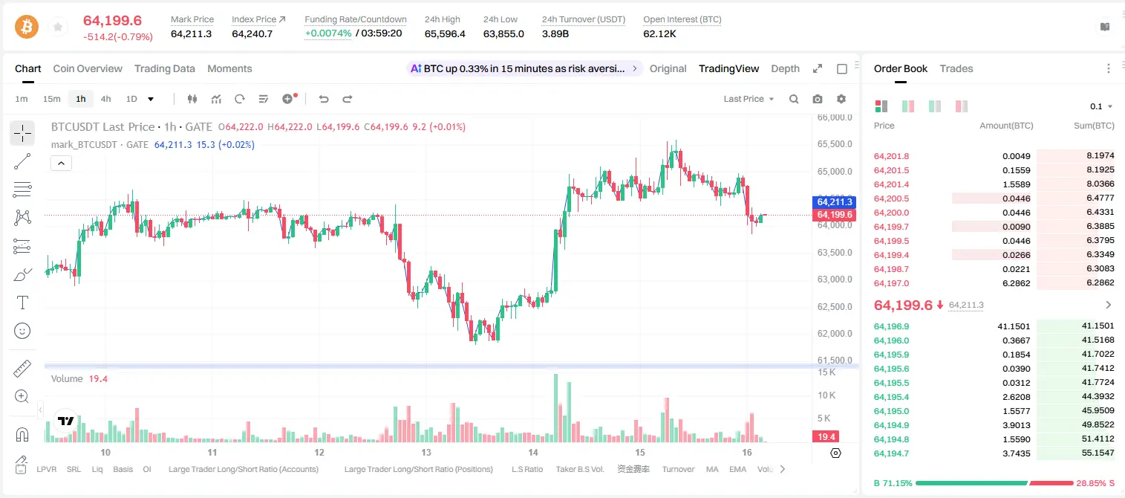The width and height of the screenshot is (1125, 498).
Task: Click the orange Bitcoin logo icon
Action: (27, 27)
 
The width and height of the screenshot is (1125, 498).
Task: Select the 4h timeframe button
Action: (105, 99)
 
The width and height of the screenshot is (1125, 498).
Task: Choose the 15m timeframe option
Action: (51, 99)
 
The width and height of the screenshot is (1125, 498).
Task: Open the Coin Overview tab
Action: (88, 69)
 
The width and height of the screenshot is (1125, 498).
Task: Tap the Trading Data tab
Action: (164, 69)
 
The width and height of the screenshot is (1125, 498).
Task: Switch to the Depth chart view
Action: (785, 69)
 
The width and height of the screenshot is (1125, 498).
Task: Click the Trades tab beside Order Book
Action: (956, 69)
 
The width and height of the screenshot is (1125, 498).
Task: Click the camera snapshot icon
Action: (818, 99)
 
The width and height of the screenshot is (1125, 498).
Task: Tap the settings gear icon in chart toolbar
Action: (841, 99)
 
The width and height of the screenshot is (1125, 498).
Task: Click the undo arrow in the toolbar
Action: (324, 99)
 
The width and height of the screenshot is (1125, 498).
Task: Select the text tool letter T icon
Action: (22, 303)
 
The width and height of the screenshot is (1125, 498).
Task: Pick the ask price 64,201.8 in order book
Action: (892, 156)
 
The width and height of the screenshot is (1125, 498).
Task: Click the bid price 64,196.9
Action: (892, 326)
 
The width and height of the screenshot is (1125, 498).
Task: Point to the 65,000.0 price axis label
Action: (835, 172)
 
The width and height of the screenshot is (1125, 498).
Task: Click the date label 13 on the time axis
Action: (426, 452)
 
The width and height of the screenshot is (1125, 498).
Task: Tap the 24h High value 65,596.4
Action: (445, 33)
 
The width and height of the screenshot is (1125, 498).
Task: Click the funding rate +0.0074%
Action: (328, 33)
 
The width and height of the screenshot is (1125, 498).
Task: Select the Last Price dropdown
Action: (749, 99)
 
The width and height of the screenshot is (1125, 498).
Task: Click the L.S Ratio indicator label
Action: (526, 469)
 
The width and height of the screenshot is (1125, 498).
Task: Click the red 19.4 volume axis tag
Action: (826, 437)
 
